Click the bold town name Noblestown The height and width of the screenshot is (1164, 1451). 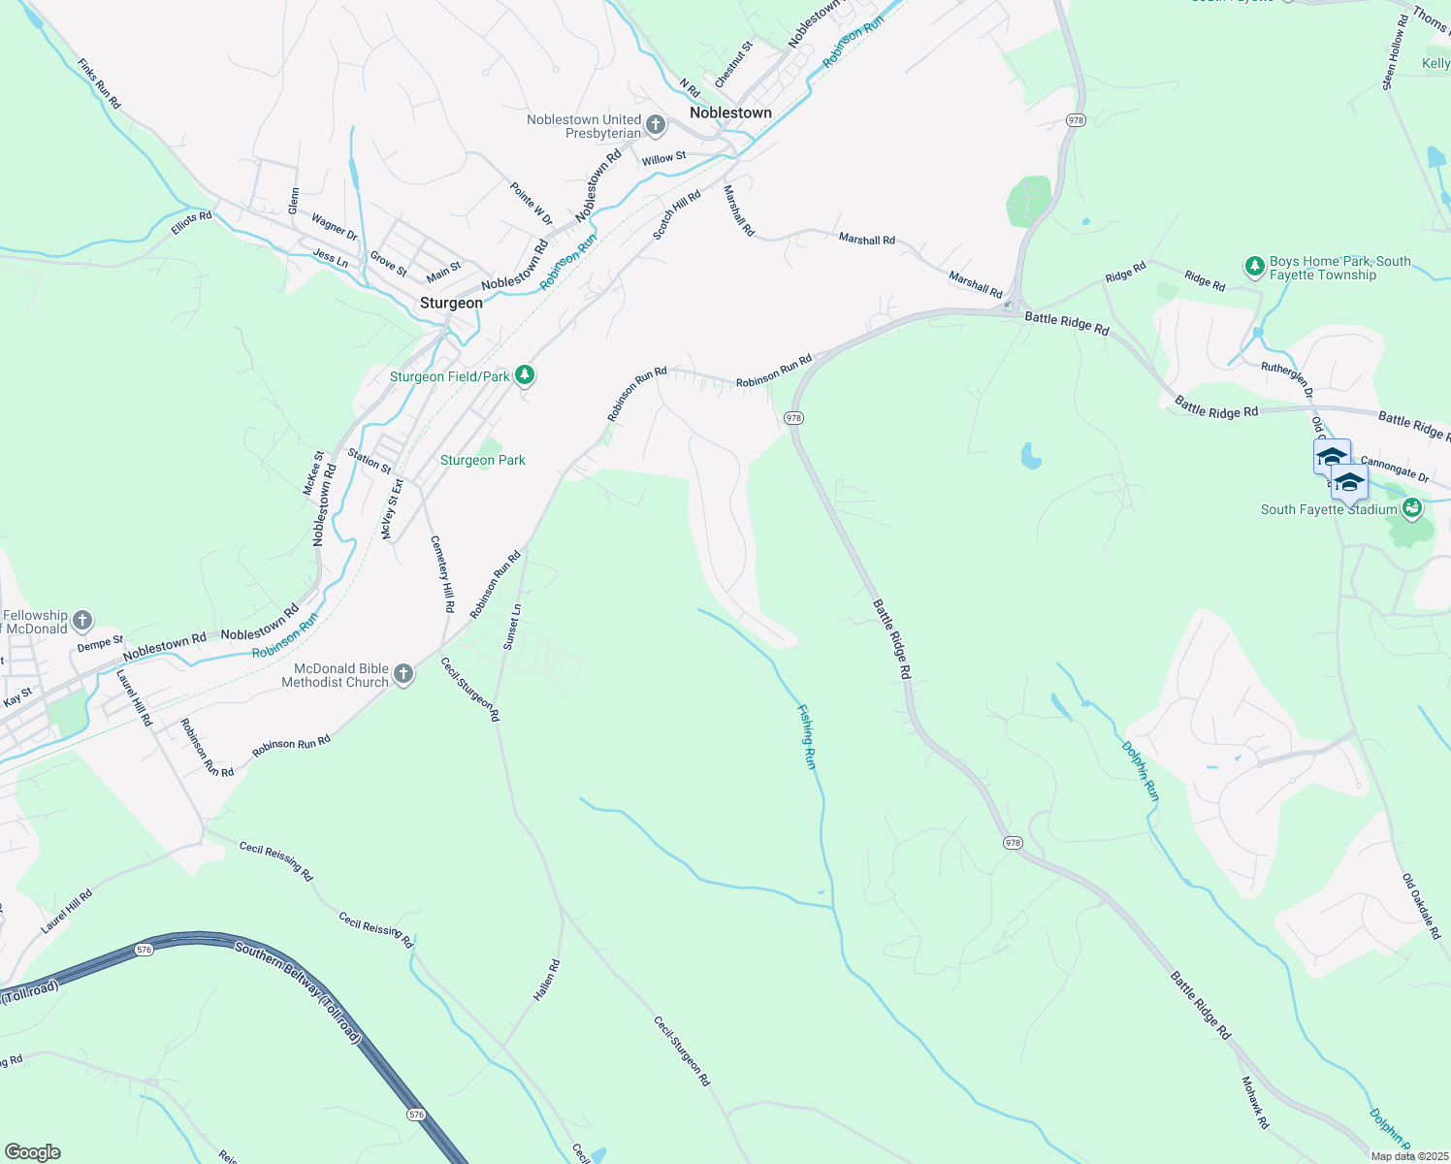730,113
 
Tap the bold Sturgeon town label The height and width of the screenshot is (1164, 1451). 451,303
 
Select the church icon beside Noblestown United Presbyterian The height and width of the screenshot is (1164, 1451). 656,125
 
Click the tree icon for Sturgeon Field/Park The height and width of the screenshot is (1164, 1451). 525,375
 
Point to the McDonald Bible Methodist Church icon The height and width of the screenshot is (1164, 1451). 403,674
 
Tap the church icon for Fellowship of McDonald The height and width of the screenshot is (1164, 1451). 82,621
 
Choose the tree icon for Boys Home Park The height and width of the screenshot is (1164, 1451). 1254,265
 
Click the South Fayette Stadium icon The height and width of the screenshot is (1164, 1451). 1412,507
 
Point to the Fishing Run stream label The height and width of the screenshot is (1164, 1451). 807,737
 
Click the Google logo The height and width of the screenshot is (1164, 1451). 33,1151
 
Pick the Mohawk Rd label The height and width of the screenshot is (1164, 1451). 1255,1102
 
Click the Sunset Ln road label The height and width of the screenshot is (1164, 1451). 512,627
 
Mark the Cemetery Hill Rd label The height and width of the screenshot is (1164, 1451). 442,573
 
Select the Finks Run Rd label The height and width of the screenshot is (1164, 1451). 99,83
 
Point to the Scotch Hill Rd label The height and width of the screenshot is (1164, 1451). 676,215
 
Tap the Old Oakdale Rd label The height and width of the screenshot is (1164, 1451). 1422,906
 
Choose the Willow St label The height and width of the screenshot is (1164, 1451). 663,158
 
